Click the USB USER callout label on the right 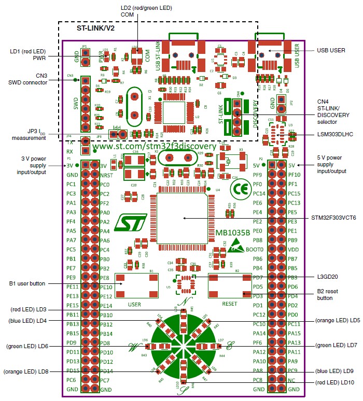(330, 50)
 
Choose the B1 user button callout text (27, 283)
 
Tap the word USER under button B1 (135, 304)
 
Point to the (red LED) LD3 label (29, 309)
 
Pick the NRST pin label (106, 175)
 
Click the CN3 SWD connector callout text (35, 79)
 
